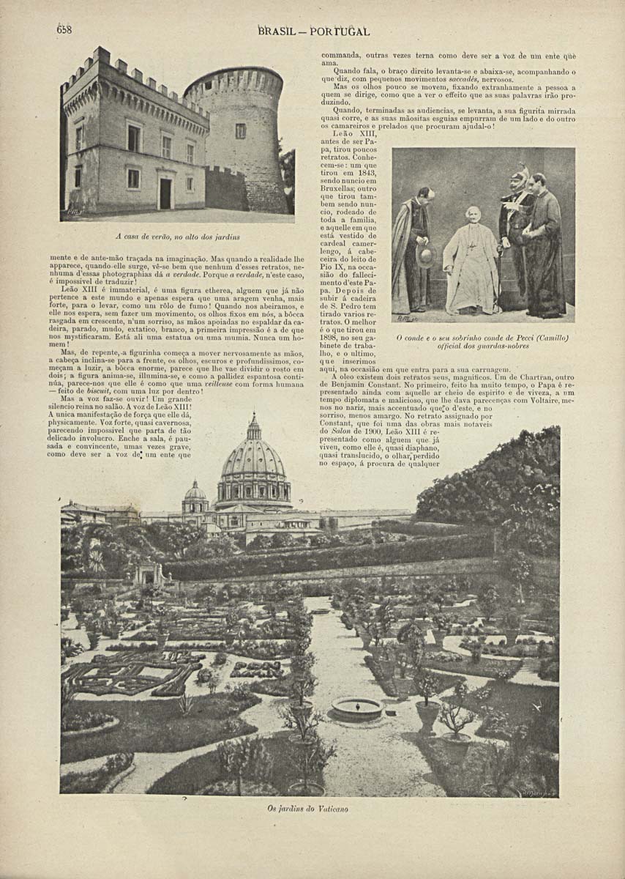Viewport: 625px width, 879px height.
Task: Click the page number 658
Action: pyautogui.click(x=64, y=30)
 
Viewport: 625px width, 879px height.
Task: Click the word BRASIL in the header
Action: pyautogui.click(x=277, y=31)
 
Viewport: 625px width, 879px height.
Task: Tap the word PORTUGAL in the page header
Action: pyautogui.click(x=340, y=31)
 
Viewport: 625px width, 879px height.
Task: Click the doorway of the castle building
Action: pyautogui.click(x=165, y=193)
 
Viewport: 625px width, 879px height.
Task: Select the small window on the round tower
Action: pyautogui.click(x=240, y=130)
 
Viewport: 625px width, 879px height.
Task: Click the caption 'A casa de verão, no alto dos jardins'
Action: pyautogui.click(x=178, y=237)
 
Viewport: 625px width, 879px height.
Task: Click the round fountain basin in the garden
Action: pyautogui.click(x=356, y=707)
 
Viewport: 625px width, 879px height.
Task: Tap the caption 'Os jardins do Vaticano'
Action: pyautogui.click(x=307, y=809)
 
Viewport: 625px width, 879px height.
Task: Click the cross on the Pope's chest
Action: pyautogui.click(x=473, y=248)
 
